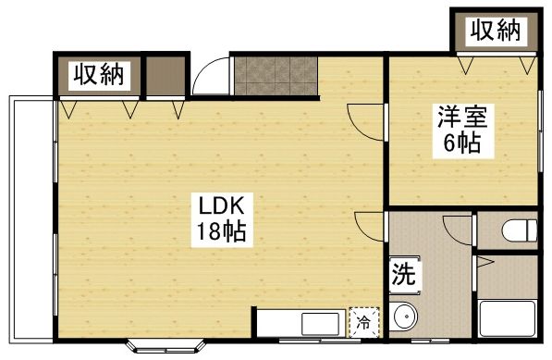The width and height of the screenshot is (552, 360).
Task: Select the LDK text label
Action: [x=221, y=205]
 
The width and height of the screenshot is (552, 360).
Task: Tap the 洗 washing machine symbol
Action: [x=403, y=274]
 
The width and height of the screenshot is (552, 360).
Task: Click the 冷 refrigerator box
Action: [x=364, y=322]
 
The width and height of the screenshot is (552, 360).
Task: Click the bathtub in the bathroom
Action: [x=508, y=319]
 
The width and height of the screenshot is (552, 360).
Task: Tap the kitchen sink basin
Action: [x=320, y=323]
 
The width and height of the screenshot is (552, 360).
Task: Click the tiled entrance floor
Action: [x=275, y=74]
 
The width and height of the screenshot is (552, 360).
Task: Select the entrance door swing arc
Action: [x=209, y=76]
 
